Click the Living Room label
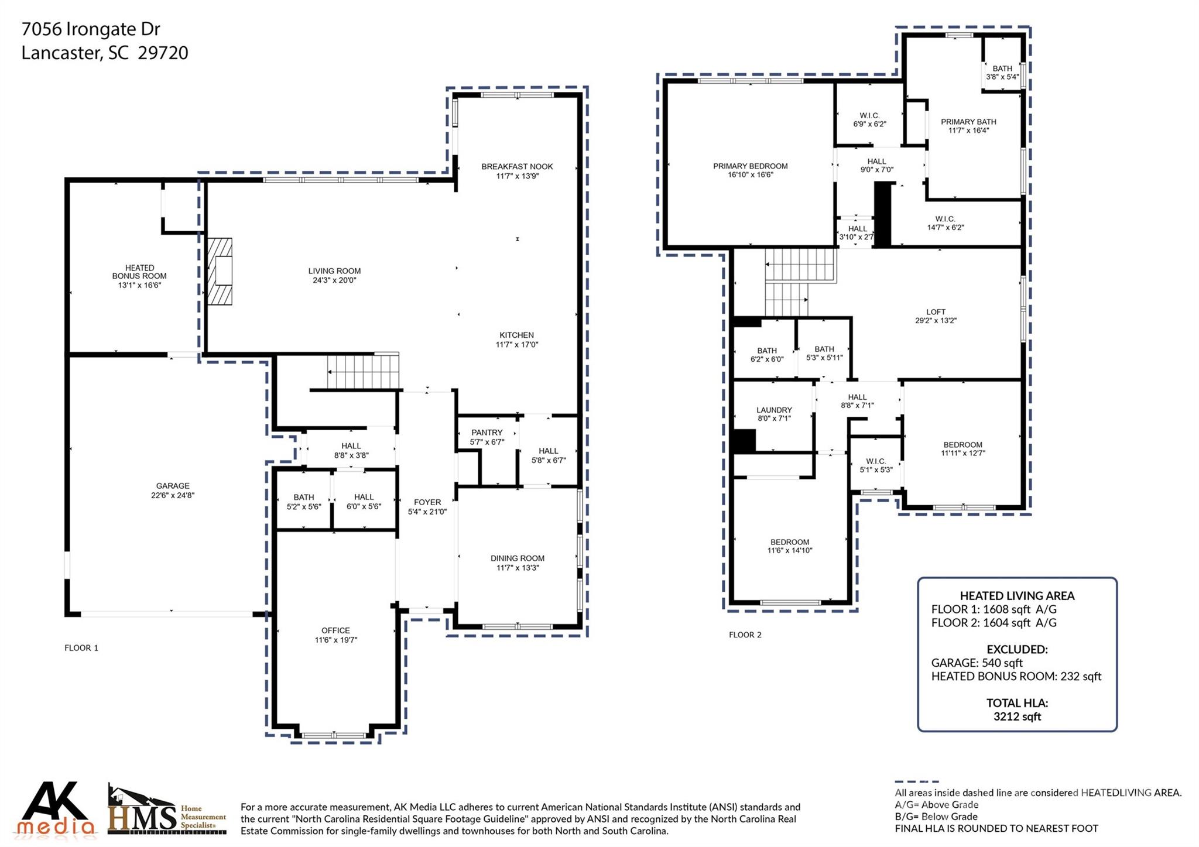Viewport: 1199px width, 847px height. click(x=334, y=271)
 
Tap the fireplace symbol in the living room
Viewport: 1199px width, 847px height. click(x=220, y=271)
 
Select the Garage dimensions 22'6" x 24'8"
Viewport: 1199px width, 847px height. click(x=173, y=495)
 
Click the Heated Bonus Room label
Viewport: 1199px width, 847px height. click(x=139, y=272)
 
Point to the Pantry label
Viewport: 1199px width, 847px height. click(x=487, y=433)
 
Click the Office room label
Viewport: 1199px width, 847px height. click(x=335, y=630)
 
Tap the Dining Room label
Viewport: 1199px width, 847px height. click(x=517, y=558)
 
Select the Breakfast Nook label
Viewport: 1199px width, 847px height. click(x=517, y=167)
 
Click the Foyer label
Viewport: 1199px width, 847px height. click(x=427, y=502)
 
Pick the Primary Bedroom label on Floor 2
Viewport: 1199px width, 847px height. click(x=750, y=166)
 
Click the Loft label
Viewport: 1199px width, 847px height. click(x=936, y=312)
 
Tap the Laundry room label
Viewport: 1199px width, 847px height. click(x=774, y=410)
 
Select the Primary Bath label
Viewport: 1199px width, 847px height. click(x=968, y=122)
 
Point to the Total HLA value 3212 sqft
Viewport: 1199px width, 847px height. click(x=1017, y=716)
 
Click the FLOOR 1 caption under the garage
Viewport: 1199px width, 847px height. click(x=81, y=648)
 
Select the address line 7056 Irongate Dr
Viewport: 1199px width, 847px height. click(x=91, y=29)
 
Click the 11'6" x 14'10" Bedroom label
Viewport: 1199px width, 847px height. click(x=790, y=542)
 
